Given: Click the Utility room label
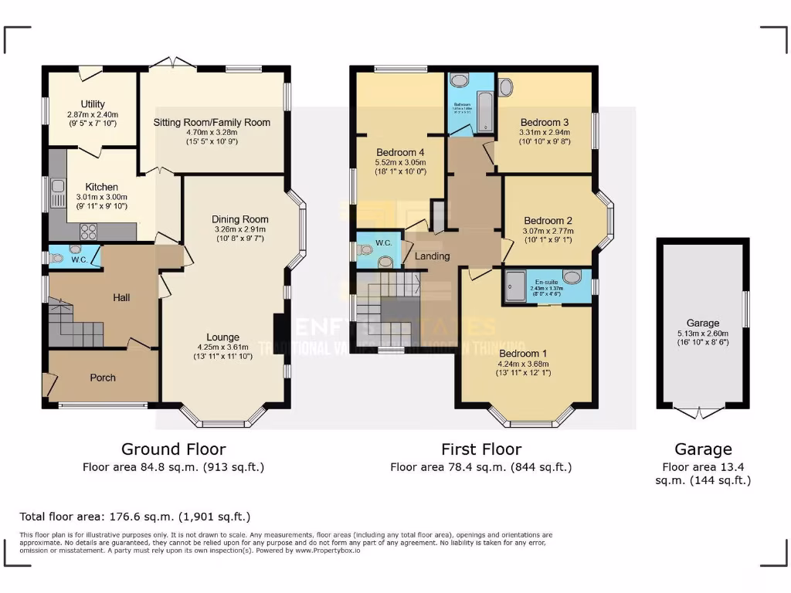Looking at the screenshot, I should [x=93, y=104].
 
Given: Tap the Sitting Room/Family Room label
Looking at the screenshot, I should [x=212, y=122].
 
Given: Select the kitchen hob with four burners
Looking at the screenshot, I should [x=88, y=229].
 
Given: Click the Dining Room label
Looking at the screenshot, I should [x=239, y=219].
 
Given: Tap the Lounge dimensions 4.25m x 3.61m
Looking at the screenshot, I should [x=223, y=347].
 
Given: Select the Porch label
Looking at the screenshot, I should [x=103, y=378].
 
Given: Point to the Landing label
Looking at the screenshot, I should [x=432, y=256].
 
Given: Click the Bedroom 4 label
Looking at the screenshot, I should [x=400, y=152].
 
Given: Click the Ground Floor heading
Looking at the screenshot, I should [x=173, y=449].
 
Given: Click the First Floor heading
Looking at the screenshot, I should [x=480, y=449].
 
